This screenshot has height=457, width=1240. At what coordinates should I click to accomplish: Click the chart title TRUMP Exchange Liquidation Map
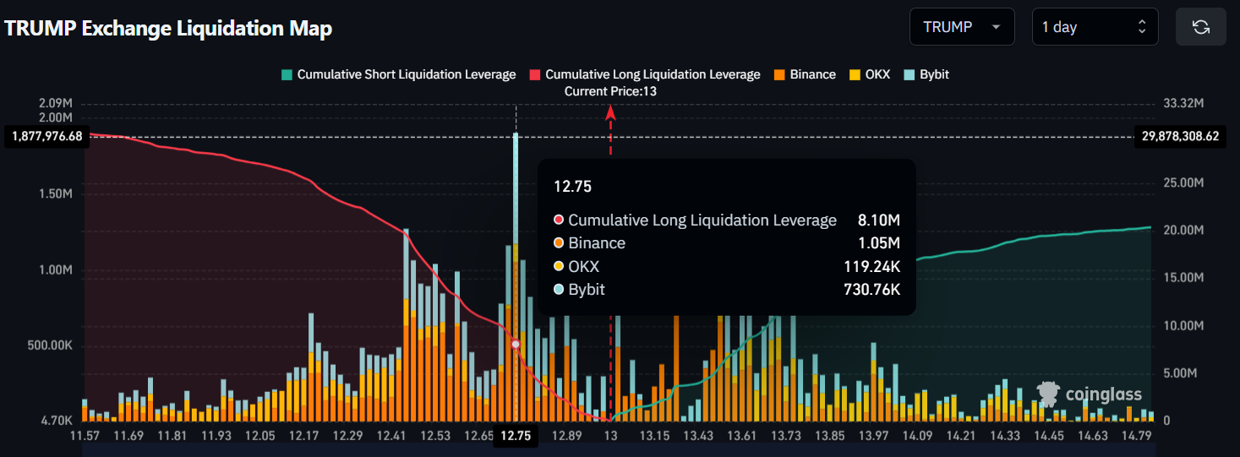coord(168,28)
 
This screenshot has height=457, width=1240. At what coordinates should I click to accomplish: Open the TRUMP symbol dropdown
coord(961,27)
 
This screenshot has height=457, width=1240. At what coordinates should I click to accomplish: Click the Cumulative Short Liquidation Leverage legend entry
coord(398,74)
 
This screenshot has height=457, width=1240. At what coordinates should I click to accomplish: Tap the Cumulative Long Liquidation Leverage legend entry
coord(644,74)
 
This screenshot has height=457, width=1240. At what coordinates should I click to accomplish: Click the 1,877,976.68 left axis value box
coord(47,136)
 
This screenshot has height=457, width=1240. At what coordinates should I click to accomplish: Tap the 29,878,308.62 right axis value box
coord(1179,136)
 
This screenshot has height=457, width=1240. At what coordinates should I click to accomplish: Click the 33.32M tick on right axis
coord(1183,103)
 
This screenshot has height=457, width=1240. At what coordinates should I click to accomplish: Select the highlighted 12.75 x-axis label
coord(516,436)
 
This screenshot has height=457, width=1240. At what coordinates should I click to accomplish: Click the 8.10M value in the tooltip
coord(879,220)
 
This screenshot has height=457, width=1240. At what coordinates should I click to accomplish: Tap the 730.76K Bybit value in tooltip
coord(872,290)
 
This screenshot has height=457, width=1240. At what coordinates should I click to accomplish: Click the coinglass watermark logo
coord(1090,394)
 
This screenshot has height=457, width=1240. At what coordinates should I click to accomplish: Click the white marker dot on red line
coord(516,344)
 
